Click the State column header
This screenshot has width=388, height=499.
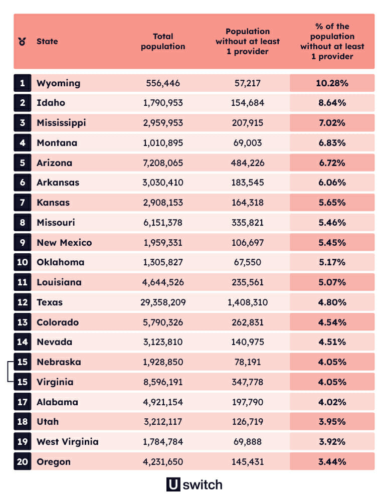coord(47,41)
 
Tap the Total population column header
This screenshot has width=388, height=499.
coord(163,41)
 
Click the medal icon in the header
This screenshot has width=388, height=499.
coord(22,41)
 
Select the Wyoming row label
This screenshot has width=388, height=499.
coord(58,83)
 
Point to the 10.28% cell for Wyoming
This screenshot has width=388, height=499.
coord(332,83)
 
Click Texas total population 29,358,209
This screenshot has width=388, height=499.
coord(163,302)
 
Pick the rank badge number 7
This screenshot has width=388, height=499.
coord(22,203)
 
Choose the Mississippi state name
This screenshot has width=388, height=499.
coord(61,123)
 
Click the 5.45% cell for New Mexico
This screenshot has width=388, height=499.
coord(332,243)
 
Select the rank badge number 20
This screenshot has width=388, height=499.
coord(22,462)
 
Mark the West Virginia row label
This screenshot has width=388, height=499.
coord(68,442)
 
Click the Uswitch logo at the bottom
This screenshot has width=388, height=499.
coord(194,485)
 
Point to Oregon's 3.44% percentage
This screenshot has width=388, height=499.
coord(332,462)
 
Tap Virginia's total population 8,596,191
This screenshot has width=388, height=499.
coord(163,382)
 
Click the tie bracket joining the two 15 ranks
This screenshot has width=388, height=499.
coord(10,372)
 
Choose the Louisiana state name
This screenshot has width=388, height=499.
coord(59,282)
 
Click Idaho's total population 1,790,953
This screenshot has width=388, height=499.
coord(163,103)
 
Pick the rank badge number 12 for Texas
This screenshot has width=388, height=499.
coord(22,302)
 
